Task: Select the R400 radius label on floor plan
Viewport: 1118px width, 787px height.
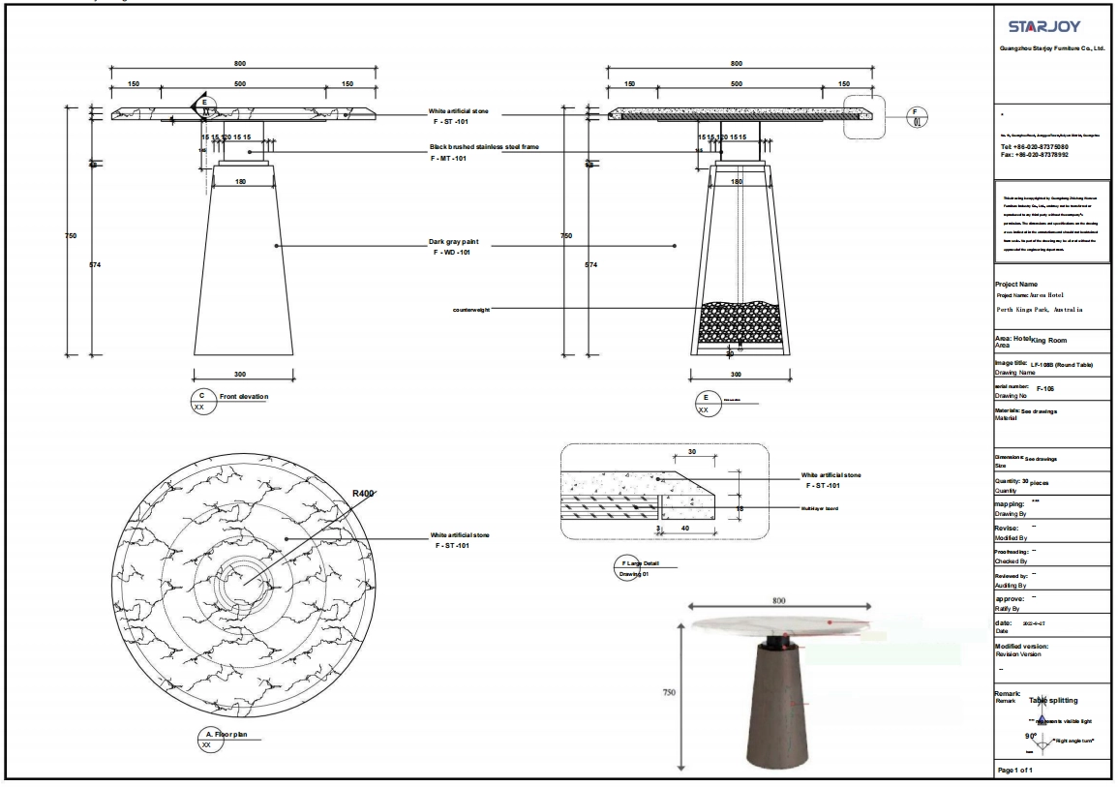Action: coord(363,493)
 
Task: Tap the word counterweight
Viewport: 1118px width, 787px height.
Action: coord(474,310)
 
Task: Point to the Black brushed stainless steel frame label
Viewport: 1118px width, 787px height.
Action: coord(484,147)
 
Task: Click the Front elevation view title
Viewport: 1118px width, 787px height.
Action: coord(243,397)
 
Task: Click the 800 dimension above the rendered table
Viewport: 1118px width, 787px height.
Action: coord(779,600)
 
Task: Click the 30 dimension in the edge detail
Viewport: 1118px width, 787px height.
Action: coord(691,452)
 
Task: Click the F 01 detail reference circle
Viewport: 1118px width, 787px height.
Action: coord(919,116)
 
